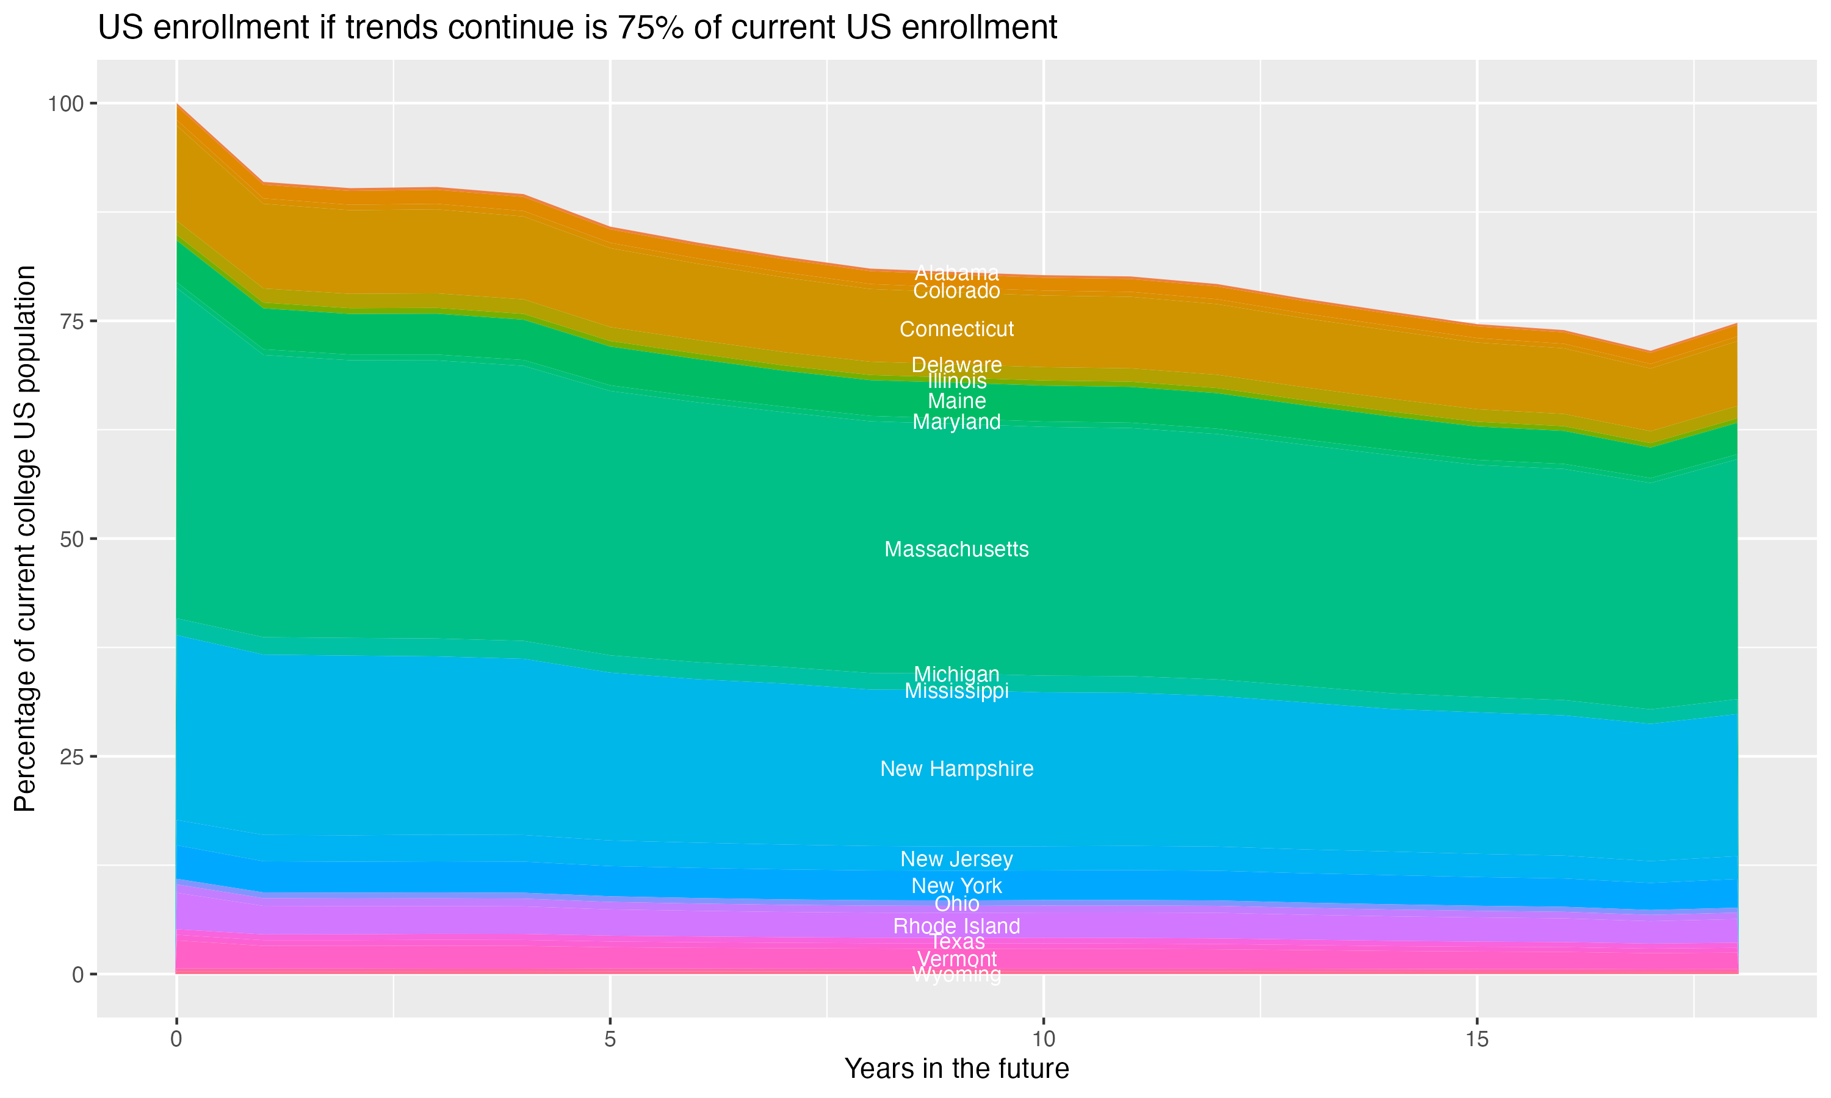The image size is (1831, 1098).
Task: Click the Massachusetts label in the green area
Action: [956, 549]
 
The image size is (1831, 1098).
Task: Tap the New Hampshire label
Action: [956, 769]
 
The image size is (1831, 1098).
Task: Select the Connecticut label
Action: [956, 329]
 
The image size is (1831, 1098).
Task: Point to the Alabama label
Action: [956, 272]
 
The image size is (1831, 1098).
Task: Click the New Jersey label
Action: [956, 859]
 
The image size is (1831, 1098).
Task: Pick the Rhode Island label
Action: [956, 925]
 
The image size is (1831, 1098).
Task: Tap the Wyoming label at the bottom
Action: [956, 975]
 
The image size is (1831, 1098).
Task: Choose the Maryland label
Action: [956, 422]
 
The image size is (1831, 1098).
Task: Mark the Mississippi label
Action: [956, 691]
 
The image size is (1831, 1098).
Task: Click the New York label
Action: [956, 886]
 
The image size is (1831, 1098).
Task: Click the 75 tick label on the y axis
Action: [72, 321]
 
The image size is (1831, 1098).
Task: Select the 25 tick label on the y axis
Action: [72, 756]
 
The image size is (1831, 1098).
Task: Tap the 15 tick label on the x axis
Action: [1476, 1039]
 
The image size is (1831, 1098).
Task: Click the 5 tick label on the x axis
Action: [610, 1039]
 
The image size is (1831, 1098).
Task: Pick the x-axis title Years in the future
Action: [956, 1068]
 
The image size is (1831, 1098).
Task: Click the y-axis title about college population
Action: [25, 539]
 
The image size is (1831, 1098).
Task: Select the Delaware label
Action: [956, 365]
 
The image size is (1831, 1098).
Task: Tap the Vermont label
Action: [956, 959]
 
